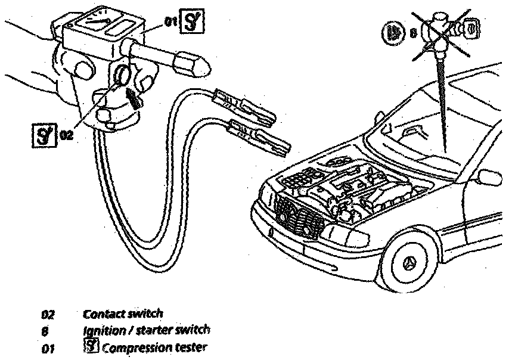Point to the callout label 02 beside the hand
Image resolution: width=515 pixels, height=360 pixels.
click(x=66, y=135)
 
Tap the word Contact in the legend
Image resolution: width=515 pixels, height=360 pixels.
click(x=101, y=313)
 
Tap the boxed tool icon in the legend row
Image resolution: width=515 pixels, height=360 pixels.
click(x=91, y=346)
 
